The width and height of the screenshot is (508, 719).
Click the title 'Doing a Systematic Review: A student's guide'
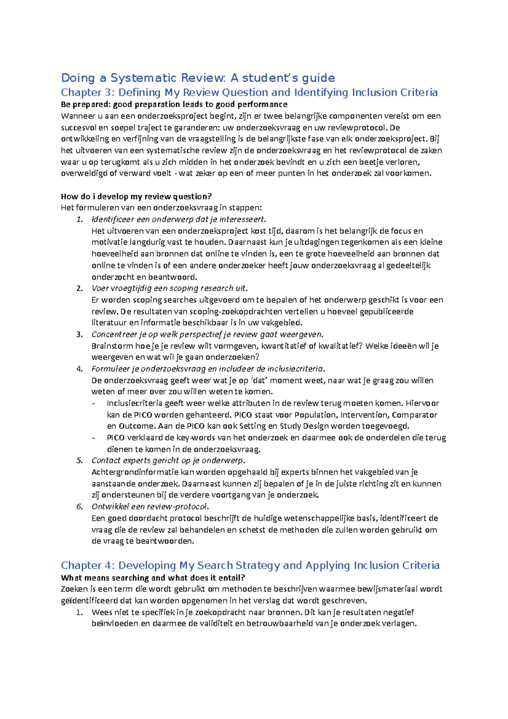tap(198, 78)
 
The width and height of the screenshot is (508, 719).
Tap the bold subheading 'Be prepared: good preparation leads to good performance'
tap(174, 104)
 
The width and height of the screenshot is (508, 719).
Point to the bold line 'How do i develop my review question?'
tap(136, 196)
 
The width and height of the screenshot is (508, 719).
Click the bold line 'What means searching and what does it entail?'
tap(153, 578)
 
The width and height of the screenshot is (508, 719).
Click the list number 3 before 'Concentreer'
tap(79, 335)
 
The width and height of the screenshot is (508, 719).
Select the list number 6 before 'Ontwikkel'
tap(79, 507)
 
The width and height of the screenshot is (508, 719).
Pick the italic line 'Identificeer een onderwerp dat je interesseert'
tap(178, 219)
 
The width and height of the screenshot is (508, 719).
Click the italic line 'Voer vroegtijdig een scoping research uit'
tap(168, 288)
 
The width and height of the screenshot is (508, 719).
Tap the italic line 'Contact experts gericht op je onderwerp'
tap(168, 461)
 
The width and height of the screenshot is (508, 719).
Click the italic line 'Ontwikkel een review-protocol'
tap(149, 507)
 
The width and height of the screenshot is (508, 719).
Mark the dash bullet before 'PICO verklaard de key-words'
tap(94, 438)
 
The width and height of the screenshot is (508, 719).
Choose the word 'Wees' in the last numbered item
tap(102, 612)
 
